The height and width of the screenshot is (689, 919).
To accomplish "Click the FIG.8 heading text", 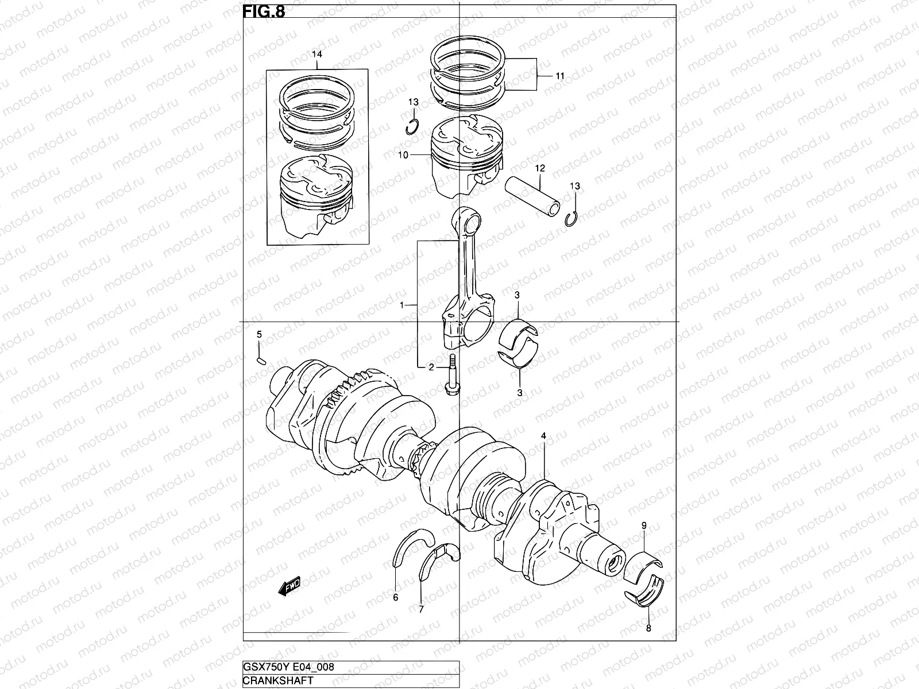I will pyautogui.click(x=264, y=11).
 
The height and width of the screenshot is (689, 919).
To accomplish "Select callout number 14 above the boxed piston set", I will pyautogui.click(x=317, y=54).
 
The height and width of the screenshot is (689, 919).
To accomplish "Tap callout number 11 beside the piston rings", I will pyautogui.click(x=559, y=76).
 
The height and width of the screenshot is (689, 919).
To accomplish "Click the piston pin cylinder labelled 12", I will pyautogui.click(x=531, y=196).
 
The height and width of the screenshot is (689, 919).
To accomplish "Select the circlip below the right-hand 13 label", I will pyautogui.click(x=572, y=218).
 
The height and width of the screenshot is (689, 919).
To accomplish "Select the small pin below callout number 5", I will pyautogui.click(x=260, y=361).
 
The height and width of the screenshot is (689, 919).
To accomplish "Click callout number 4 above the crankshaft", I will pyautogui.click(x=543, y=437).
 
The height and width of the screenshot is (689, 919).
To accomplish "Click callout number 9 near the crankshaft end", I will pyautogui.click(x=644, y=525).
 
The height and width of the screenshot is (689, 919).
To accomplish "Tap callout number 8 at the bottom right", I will pyautogui.click(x=648, y=628).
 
